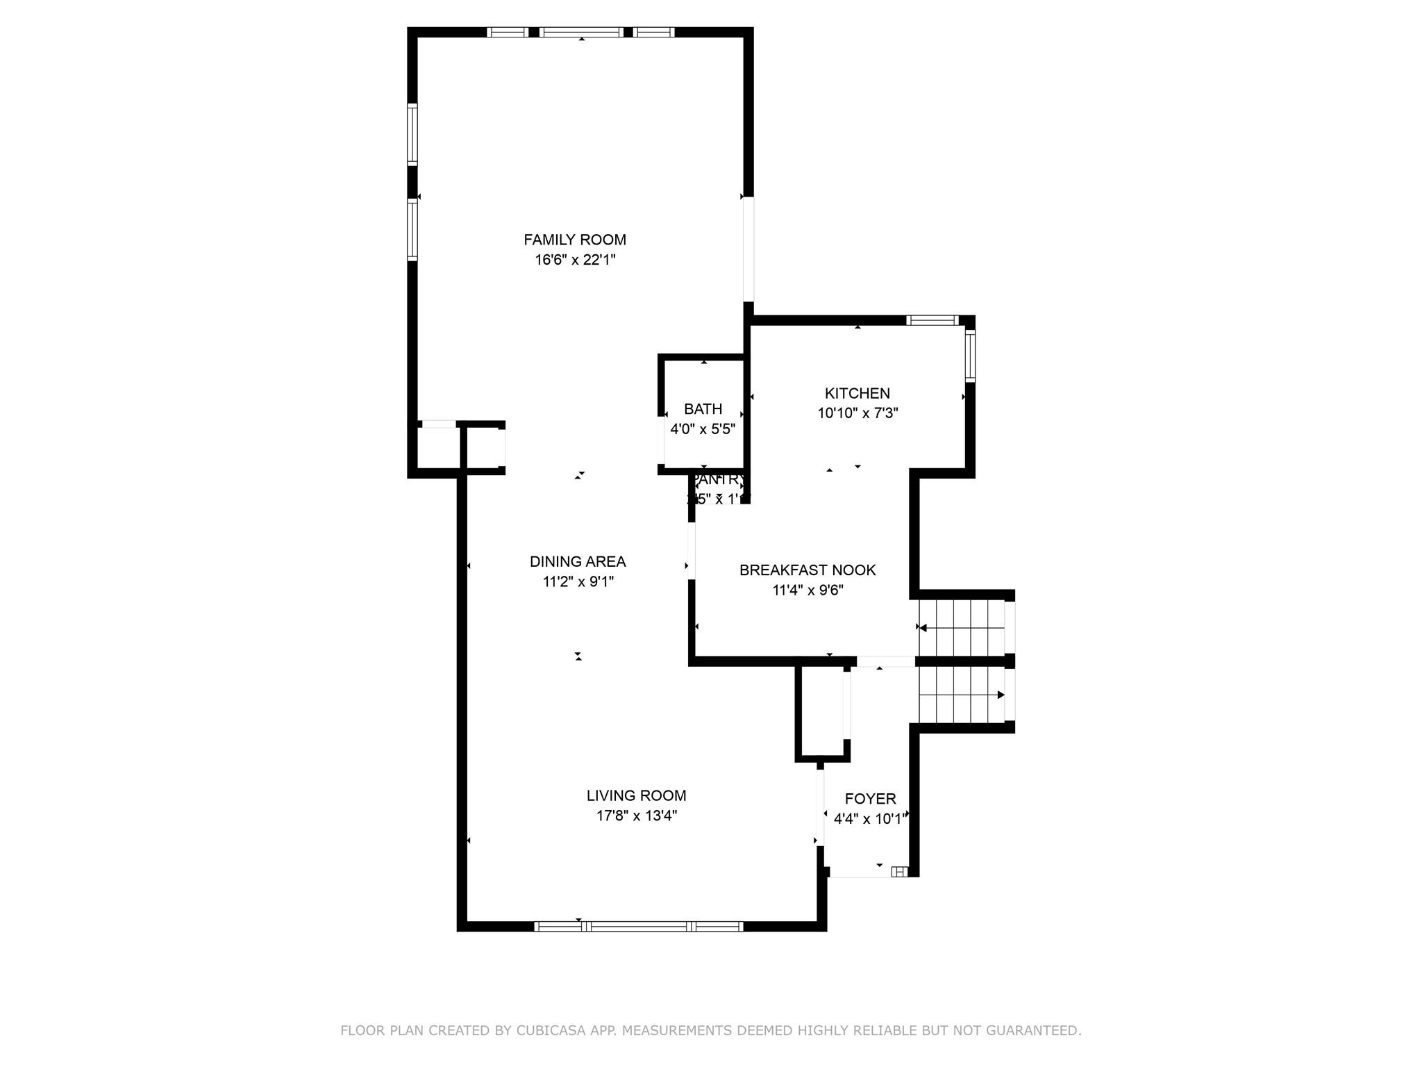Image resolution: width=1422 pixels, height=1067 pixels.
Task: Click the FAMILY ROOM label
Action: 574,240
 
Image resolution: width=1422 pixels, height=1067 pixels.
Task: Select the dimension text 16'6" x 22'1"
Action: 575,260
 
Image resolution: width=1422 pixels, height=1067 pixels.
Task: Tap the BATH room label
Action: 703,409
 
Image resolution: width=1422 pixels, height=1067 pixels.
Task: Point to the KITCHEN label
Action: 857,393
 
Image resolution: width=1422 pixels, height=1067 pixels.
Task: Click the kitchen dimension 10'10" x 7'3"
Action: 858,413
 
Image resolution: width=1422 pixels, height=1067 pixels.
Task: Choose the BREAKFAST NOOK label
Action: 807,570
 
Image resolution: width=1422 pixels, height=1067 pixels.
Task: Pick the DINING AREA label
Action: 577,561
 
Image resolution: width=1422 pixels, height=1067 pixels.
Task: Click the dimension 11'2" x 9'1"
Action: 578,581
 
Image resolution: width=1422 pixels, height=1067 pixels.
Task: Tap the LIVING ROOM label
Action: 636,795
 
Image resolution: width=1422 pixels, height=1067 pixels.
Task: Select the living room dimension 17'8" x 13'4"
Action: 636,816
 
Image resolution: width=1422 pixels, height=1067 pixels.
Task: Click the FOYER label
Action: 870,799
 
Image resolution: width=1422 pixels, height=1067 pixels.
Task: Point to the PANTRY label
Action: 718,479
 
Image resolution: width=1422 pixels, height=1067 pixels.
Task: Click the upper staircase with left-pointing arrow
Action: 962,628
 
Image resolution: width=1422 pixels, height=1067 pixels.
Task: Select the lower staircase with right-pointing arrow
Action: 962,695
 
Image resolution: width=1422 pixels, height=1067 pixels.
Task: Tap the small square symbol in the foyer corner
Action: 899,871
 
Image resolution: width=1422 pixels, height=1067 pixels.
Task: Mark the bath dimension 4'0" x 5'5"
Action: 702,429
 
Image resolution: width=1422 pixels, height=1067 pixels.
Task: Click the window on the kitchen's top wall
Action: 932,320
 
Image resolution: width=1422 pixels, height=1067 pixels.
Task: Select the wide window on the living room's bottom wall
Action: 639,926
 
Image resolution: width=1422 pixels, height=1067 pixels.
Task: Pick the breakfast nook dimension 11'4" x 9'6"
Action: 808,590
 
